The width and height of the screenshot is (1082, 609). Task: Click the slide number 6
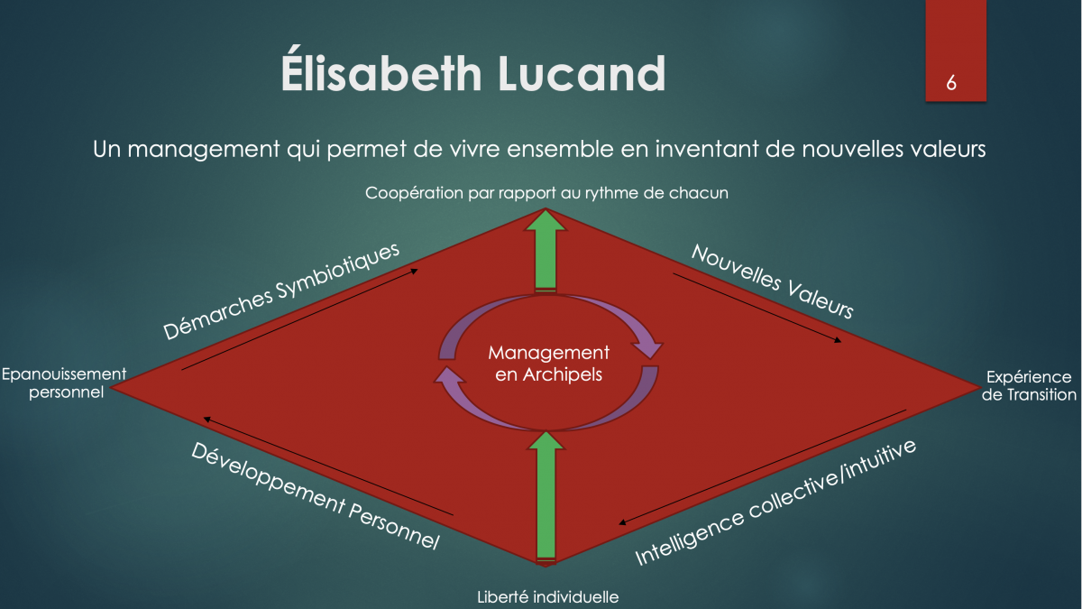[951, 83]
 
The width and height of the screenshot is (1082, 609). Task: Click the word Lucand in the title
[582, 73]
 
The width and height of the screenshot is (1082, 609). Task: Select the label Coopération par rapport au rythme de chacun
[546, 193]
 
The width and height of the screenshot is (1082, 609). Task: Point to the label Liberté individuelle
[548, 597]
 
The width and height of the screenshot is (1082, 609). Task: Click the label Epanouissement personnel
[64, 383]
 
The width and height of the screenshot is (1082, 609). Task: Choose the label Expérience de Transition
[1029, 386]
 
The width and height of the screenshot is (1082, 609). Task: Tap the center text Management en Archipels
[549, 364]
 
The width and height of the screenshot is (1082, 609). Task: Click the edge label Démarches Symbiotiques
[281, 291]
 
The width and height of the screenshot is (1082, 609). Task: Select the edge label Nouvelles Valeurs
[773, 281]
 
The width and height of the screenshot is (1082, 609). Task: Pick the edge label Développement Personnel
[316, 496]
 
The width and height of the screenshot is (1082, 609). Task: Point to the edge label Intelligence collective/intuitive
[775, 503]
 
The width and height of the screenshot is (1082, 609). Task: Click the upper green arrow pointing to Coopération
[546, 251]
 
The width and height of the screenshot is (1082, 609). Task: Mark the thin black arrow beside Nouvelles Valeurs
[756, 308]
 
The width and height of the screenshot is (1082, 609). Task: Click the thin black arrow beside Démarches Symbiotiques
[299, 319]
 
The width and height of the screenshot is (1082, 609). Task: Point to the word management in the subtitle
[204, 151]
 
